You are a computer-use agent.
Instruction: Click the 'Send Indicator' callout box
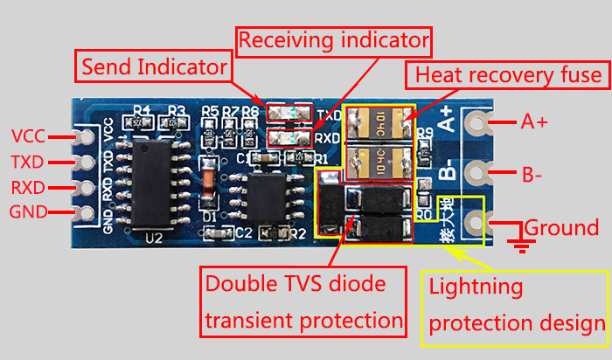[x=154, y=67]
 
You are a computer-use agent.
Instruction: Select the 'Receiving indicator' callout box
[x=335, y=40]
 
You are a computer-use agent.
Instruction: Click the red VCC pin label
[x=29, y=136]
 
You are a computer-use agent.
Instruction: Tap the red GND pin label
[x=29, y=211]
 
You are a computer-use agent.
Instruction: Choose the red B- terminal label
[x=534, y=175]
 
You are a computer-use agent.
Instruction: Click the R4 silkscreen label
[x=143, y=111]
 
